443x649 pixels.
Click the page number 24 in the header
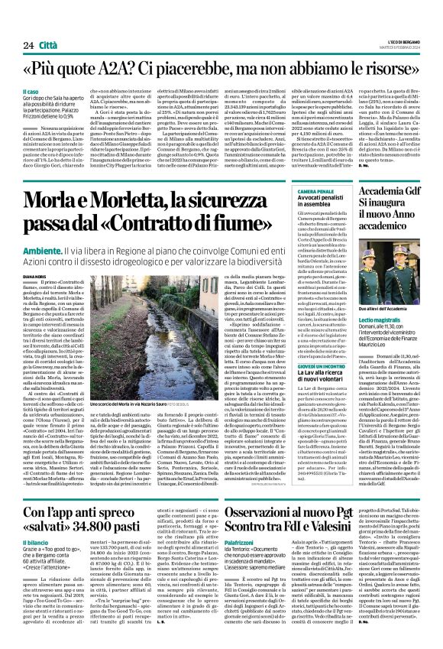pyautogui.click(x=27, y=45)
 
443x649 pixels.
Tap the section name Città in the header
pyautogui.click(x=50, y=45)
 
